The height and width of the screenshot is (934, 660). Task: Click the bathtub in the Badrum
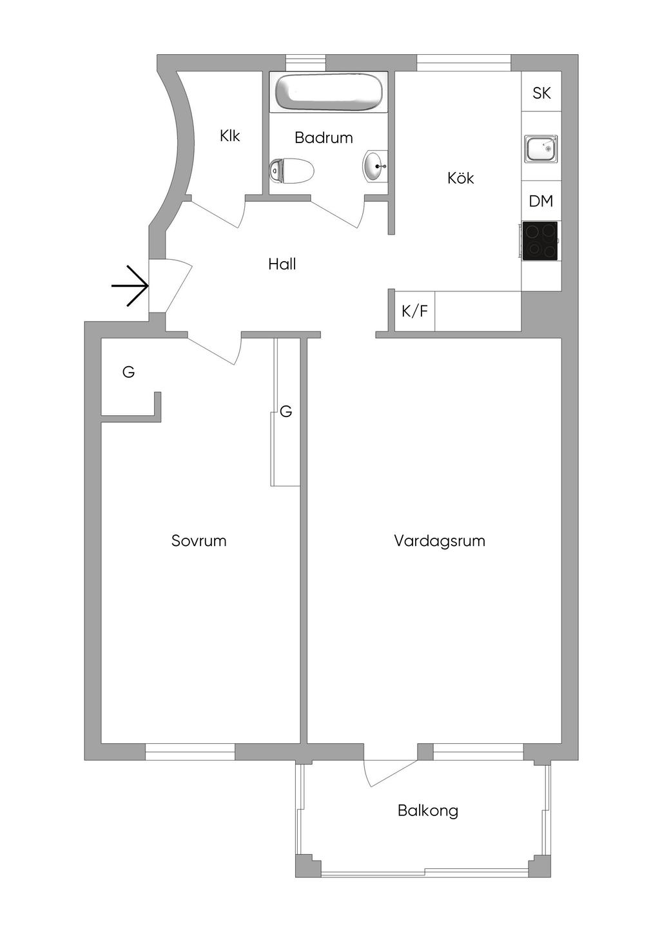pos(329,92)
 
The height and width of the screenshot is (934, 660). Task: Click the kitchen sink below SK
pos(541,149)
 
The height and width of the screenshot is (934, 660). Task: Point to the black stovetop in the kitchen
pos(540,241)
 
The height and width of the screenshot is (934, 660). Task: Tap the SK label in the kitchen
pos(541,93)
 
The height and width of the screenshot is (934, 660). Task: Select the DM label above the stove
pos(541,201)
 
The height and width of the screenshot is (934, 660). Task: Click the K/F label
pos(414,311)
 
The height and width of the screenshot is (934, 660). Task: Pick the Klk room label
pos(229,135)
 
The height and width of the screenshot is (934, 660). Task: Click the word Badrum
pos(324,137)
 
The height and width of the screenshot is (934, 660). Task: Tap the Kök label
pos(461,178)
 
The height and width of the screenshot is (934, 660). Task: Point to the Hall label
pos(282,264)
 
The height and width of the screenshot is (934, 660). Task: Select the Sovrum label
pos(199,541)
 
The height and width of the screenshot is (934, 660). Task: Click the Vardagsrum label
pos(440,541)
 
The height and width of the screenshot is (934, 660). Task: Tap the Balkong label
pos(428,810)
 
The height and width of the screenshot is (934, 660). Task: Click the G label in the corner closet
pos(128,372)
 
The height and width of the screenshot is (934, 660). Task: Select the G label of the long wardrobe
pos(286,411)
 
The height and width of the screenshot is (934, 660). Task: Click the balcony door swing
pos(387,767)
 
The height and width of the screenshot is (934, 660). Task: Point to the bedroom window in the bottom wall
pos(190,752)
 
